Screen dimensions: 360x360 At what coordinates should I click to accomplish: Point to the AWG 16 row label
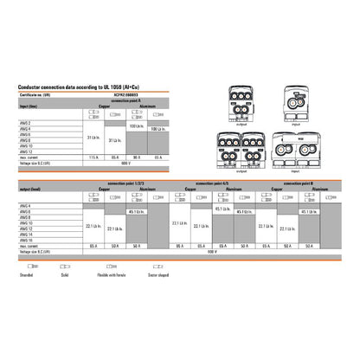coord(27,241)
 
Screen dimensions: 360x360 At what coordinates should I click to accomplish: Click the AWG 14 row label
coord(27,234)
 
